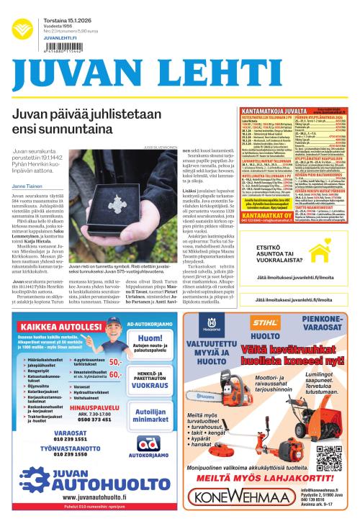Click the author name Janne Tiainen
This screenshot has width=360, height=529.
click(27, 185)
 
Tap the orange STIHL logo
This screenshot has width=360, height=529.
click(269, 322)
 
